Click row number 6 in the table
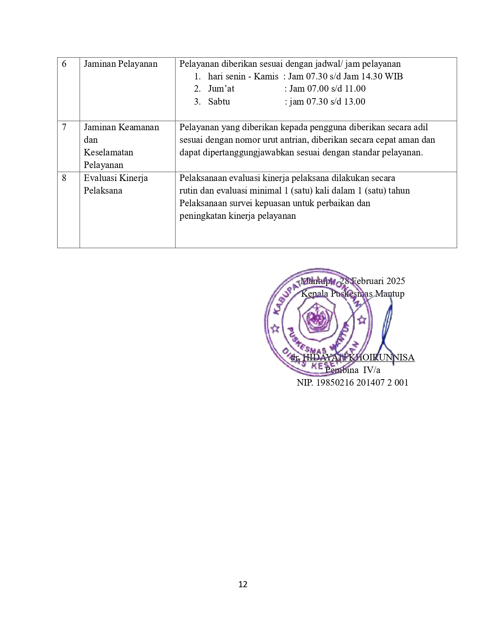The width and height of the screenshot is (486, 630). pos(64,64)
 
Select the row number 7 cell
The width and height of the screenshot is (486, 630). pos(64,127)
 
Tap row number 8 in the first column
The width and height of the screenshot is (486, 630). pos(64,178)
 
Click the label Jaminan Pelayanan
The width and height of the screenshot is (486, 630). pos(120,64)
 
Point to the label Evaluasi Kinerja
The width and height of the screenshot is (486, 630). pos(116,178)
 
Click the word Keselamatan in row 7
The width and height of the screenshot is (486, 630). pos(108,152)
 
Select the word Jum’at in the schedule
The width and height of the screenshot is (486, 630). pos(221,89)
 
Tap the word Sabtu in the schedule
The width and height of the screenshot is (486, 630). pos(219,102)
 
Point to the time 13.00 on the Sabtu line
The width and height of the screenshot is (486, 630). pos(355,102)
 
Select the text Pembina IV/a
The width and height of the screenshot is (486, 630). pos(353,370)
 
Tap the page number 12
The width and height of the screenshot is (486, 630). pos(243,584)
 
